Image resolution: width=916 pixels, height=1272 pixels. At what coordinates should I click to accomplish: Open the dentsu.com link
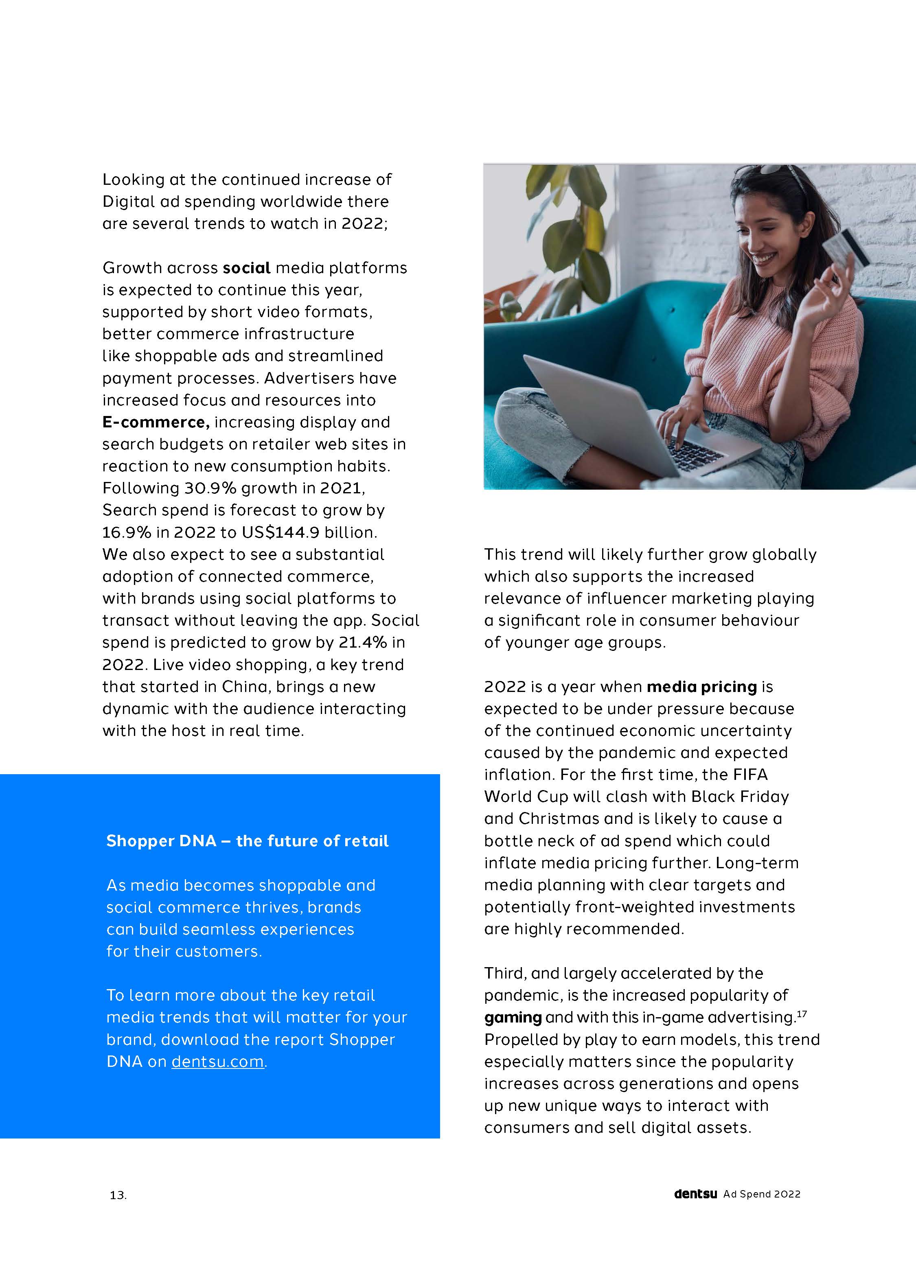click(x=218, y=1061)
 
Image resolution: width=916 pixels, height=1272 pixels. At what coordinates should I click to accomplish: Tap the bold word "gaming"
click(x=513, y=1017)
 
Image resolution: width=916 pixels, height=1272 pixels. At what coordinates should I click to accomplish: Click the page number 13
click(x=118, y=1195)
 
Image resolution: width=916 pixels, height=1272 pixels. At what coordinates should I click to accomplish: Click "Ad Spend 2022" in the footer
click(x=761, y=1194)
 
